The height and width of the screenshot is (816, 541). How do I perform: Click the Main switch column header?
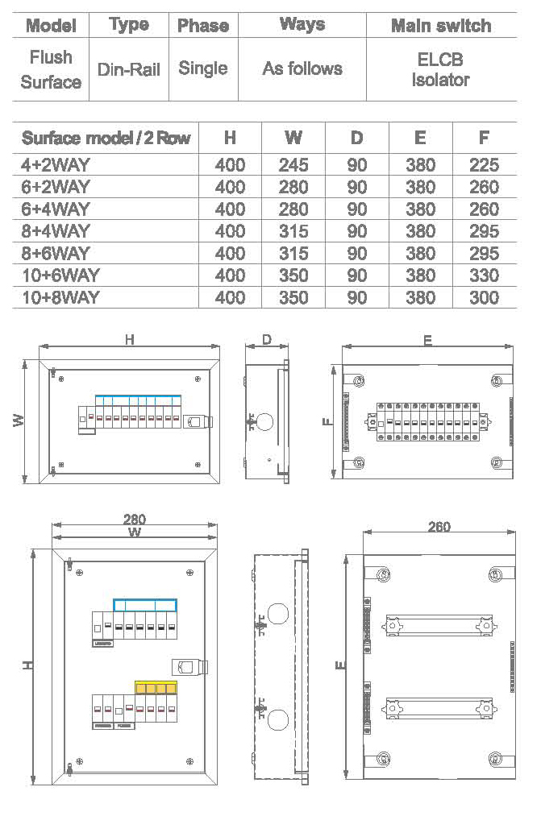pos(440,26)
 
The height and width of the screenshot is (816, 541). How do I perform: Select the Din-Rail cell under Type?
pos(129,69)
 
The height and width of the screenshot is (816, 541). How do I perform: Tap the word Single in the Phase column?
pos(203,68)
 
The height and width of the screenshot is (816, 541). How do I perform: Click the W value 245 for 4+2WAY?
pos(293,165)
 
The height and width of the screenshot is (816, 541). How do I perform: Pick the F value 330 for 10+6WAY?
pos(484,275)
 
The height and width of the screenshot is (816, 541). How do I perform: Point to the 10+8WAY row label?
pos(60,297)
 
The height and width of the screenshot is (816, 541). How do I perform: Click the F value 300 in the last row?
pos(484,298)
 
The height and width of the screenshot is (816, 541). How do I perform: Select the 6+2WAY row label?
pos(55,187)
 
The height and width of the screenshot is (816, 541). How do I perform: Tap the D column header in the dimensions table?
pos(356,138)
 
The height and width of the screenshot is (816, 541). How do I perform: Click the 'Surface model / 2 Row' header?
pos(106,138)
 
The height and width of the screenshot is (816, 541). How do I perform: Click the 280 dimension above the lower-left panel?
pos(135,520)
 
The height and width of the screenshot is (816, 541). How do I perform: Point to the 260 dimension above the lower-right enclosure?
pos(439,527)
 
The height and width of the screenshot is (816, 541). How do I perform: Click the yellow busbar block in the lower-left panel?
pos(156,687)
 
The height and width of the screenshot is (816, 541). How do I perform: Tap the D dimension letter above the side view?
pos(267,340)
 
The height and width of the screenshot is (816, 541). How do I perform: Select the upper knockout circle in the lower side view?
pos(277,614)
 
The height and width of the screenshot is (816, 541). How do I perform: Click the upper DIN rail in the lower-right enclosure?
pos(439,625)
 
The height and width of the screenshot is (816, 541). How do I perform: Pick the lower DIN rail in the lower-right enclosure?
pos(439,708)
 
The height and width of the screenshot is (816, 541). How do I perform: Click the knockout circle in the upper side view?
pos(265,422)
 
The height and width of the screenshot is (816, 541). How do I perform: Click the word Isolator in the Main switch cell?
pos(440,80)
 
